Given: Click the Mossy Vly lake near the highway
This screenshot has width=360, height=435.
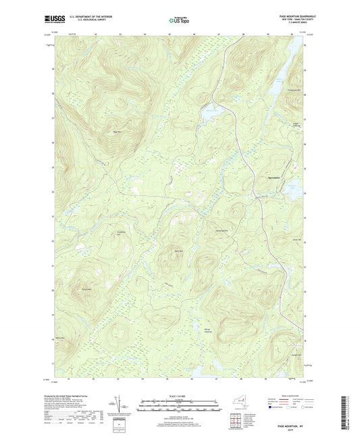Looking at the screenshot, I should (211, 116).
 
